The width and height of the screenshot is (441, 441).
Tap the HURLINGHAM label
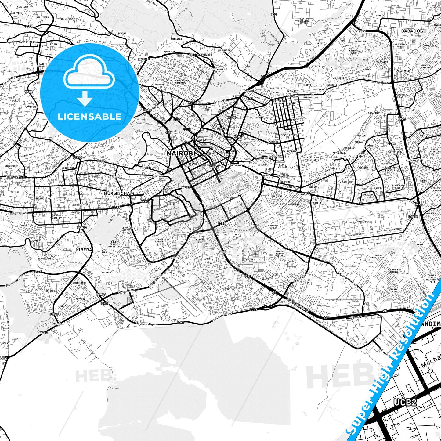tap(119, 193)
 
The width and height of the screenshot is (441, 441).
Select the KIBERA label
tap(84, 250)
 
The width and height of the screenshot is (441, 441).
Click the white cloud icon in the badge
tap(89, 72)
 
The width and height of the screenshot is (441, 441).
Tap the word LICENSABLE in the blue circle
tap(89, 116)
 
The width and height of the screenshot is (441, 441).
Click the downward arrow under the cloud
tap(85, 98)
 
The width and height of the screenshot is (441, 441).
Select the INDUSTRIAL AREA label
tap(273, 226)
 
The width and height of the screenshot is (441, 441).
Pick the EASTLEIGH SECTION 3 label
tap(313, 159)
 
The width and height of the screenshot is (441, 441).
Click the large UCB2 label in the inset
tap(405, 402)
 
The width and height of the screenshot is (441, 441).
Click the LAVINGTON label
tap(32, 107)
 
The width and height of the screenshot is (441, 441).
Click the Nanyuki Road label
tap(354, 235)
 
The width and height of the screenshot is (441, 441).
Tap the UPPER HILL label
tap(166, 191)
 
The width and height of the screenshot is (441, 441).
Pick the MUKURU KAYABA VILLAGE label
tap(280, 253)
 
